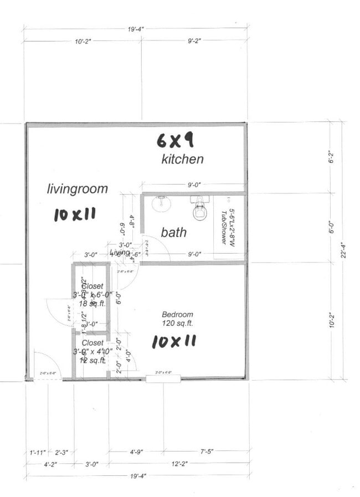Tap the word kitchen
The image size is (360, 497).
coord(182,160)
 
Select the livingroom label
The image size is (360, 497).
coord(77,189)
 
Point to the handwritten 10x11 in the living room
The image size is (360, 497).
coord(75,214)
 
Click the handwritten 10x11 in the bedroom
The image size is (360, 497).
coord(174,341)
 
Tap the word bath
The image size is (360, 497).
coord(173,233)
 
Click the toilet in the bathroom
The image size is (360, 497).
coord(199,209)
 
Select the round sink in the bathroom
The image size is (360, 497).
coord(161,203)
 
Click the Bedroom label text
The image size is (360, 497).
coord(177,314)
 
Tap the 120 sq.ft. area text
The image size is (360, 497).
coord(177,322)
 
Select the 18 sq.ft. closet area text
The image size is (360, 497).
coord(92,304)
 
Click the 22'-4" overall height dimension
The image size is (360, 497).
coord(345,253)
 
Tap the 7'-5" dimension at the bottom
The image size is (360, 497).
coord(207,452)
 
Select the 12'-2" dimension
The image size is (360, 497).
coord(178,465)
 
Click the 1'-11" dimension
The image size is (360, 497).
coord(37,453)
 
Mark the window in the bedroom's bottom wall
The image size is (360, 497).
coord(163,379)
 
